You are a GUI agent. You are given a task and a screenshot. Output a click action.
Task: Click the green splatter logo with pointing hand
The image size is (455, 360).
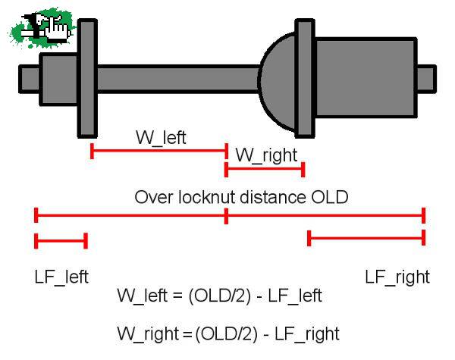point(41,28)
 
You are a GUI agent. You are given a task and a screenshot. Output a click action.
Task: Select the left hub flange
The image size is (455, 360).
point(87,78)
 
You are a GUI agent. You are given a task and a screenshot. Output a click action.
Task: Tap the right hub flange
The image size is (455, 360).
point(305,78)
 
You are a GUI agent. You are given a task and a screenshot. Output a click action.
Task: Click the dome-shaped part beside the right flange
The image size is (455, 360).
point(277,82)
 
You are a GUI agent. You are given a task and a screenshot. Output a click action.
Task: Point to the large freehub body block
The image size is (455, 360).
point(366,77)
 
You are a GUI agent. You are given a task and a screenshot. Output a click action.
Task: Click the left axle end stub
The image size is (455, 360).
point(29,79)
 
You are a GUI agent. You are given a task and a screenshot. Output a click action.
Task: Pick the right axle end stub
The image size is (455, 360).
point(426,79)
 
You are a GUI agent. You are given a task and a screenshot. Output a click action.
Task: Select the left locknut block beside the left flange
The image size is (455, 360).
point(59,79)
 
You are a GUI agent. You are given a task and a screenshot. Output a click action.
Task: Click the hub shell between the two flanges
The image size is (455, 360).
point(177,79)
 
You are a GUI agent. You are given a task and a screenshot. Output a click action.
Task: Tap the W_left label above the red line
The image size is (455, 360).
point(161,137)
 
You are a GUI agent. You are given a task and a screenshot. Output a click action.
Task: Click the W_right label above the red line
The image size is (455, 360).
point(266,155)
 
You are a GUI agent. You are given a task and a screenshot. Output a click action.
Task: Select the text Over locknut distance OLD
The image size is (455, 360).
point(241,197)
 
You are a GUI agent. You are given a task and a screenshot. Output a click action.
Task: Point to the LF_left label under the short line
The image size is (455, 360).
point(61,277)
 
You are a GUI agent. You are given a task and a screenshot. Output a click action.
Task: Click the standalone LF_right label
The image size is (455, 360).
point(397,277)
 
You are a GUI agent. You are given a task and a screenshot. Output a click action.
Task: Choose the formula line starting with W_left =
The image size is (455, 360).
point(219,296)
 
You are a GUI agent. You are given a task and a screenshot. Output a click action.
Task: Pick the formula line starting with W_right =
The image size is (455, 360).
point(228,334)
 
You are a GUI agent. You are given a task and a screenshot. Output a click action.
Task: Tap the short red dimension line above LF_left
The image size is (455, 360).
point(61,241)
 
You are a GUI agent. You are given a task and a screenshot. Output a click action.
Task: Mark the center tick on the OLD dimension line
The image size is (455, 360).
point(226,216)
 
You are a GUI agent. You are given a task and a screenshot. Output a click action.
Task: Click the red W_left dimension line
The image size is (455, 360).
point(159,151)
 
